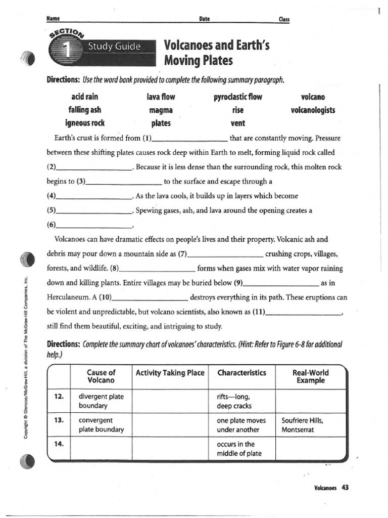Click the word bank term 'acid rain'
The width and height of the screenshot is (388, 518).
click(x=84, y=97)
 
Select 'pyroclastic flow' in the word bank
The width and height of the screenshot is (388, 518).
click(x=238, y=97)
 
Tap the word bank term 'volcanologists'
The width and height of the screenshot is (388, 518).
click(x=313, y=110)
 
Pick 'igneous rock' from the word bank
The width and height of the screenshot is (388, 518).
click(x=84, y=123)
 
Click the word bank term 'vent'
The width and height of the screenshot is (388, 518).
click(x=237, y=123)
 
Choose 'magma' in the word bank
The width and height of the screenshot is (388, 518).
click(x=161, y=110)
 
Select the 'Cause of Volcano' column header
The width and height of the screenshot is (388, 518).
click(x=101, y=376)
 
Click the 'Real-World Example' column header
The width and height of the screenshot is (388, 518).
click(x=311, y=376)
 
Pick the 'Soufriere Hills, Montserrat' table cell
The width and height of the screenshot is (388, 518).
click(x=303, y=425)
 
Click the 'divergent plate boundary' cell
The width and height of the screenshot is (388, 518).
click(x=101, y=401)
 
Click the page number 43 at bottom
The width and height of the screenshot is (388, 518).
click(x=345, y=488)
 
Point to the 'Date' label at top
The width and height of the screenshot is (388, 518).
click(x=205, y=19)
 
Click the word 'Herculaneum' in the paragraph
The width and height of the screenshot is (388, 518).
click(x=71, y=297)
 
